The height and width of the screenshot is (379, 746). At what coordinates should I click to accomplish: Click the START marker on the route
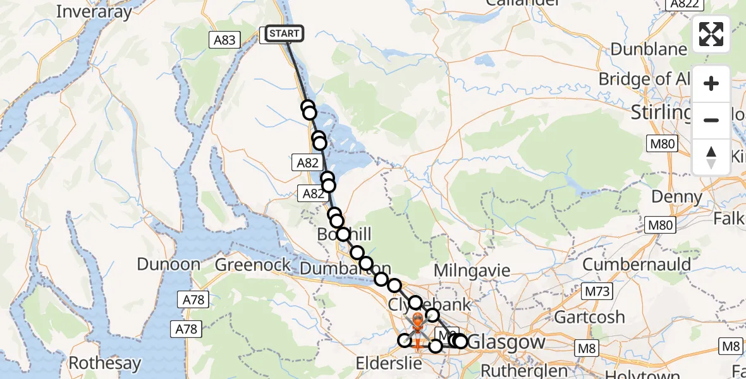[284, 33]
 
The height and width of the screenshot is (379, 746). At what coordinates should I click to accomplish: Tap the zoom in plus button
[711, 83]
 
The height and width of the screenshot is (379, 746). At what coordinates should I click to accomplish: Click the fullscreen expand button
[711, 34]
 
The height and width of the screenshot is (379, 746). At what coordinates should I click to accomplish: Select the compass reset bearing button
[711, 157]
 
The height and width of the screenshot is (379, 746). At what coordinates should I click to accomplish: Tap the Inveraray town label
[94, 11]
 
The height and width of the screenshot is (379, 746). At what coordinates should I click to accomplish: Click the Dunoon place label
[169, 264]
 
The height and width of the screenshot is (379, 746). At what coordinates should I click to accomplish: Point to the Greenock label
[253, 264]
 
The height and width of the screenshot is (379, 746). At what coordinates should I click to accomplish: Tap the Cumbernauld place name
[637, 264]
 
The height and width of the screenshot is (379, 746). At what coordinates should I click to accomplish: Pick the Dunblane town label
[649, 49]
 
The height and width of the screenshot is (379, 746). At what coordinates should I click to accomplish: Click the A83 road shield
[224, 40]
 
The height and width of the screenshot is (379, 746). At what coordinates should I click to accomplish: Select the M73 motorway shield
[597, 292]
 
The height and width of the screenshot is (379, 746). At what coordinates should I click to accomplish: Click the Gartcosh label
[589, 316]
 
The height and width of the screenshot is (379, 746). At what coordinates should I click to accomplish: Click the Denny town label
[676, 196]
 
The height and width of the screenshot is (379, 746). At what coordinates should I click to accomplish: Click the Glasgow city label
[508, 342]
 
